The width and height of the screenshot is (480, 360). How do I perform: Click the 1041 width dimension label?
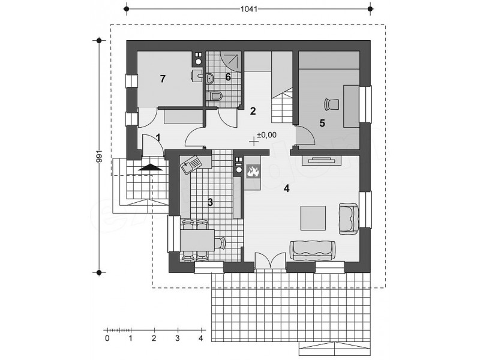tap(248, 9)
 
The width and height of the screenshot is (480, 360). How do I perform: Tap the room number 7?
tap(163, 79)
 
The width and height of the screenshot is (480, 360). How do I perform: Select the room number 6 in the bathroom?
tap(228, 77)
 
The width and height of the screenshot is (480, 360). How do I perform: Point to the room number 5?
tap(322, 123)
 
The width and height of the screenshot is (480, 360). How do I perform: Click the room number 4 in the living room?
tap(286, 188)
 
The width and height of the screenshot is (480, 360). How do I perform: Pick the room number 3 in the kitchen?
tap(210, 202)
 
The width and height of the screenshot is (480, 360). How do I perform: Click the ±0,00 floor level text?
tap(266, 134)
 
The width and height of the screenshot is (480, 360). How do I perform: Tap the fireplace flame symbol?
tap(253, 171)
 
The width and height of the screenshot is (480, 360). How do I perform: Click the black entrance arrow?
tap(150, 167)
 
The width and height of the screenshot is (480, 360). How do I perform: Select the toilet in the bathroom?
tap(214, 97)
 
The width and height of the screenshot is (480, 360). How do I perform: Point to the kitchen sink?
tap(190, 164)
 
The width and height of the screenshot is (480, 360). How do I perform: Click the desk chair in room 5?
tap(332, 104)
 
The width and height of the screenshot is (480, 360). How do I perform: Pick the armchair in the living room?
tap(349, 218)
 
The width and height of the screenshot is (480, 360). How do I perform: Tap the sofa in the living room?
tap(312, 250)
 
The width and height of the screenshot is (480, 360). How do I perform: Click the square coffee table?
tap(313, 218)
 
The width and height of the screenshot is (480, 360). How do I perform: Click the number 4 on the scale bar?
tap(201, 338)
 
